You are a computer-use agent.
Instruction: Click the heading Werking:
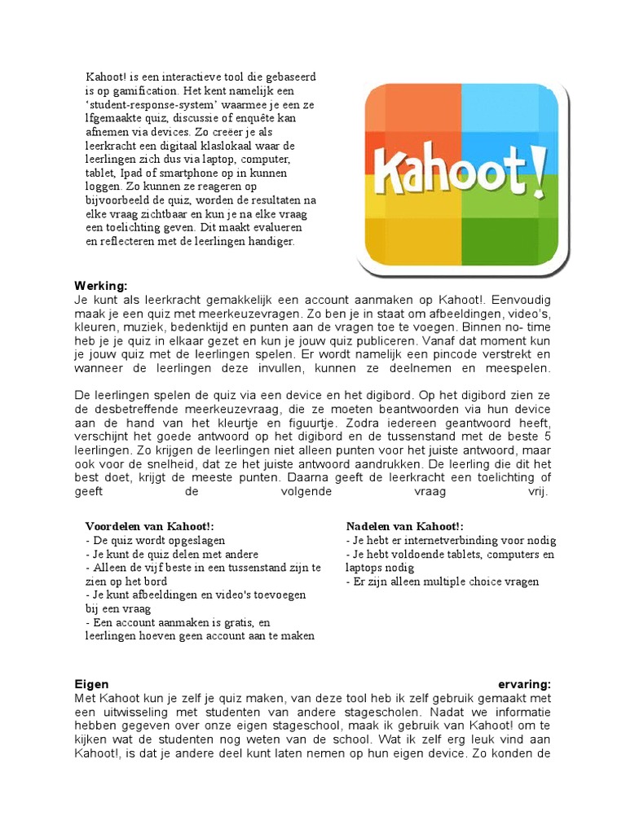tap(101, 287)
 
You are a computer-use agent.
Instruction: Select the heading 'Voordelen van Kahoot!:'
tap(150, 527)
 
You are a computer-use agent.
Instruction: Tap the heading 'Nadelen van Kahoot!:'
tap(404, 527)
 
